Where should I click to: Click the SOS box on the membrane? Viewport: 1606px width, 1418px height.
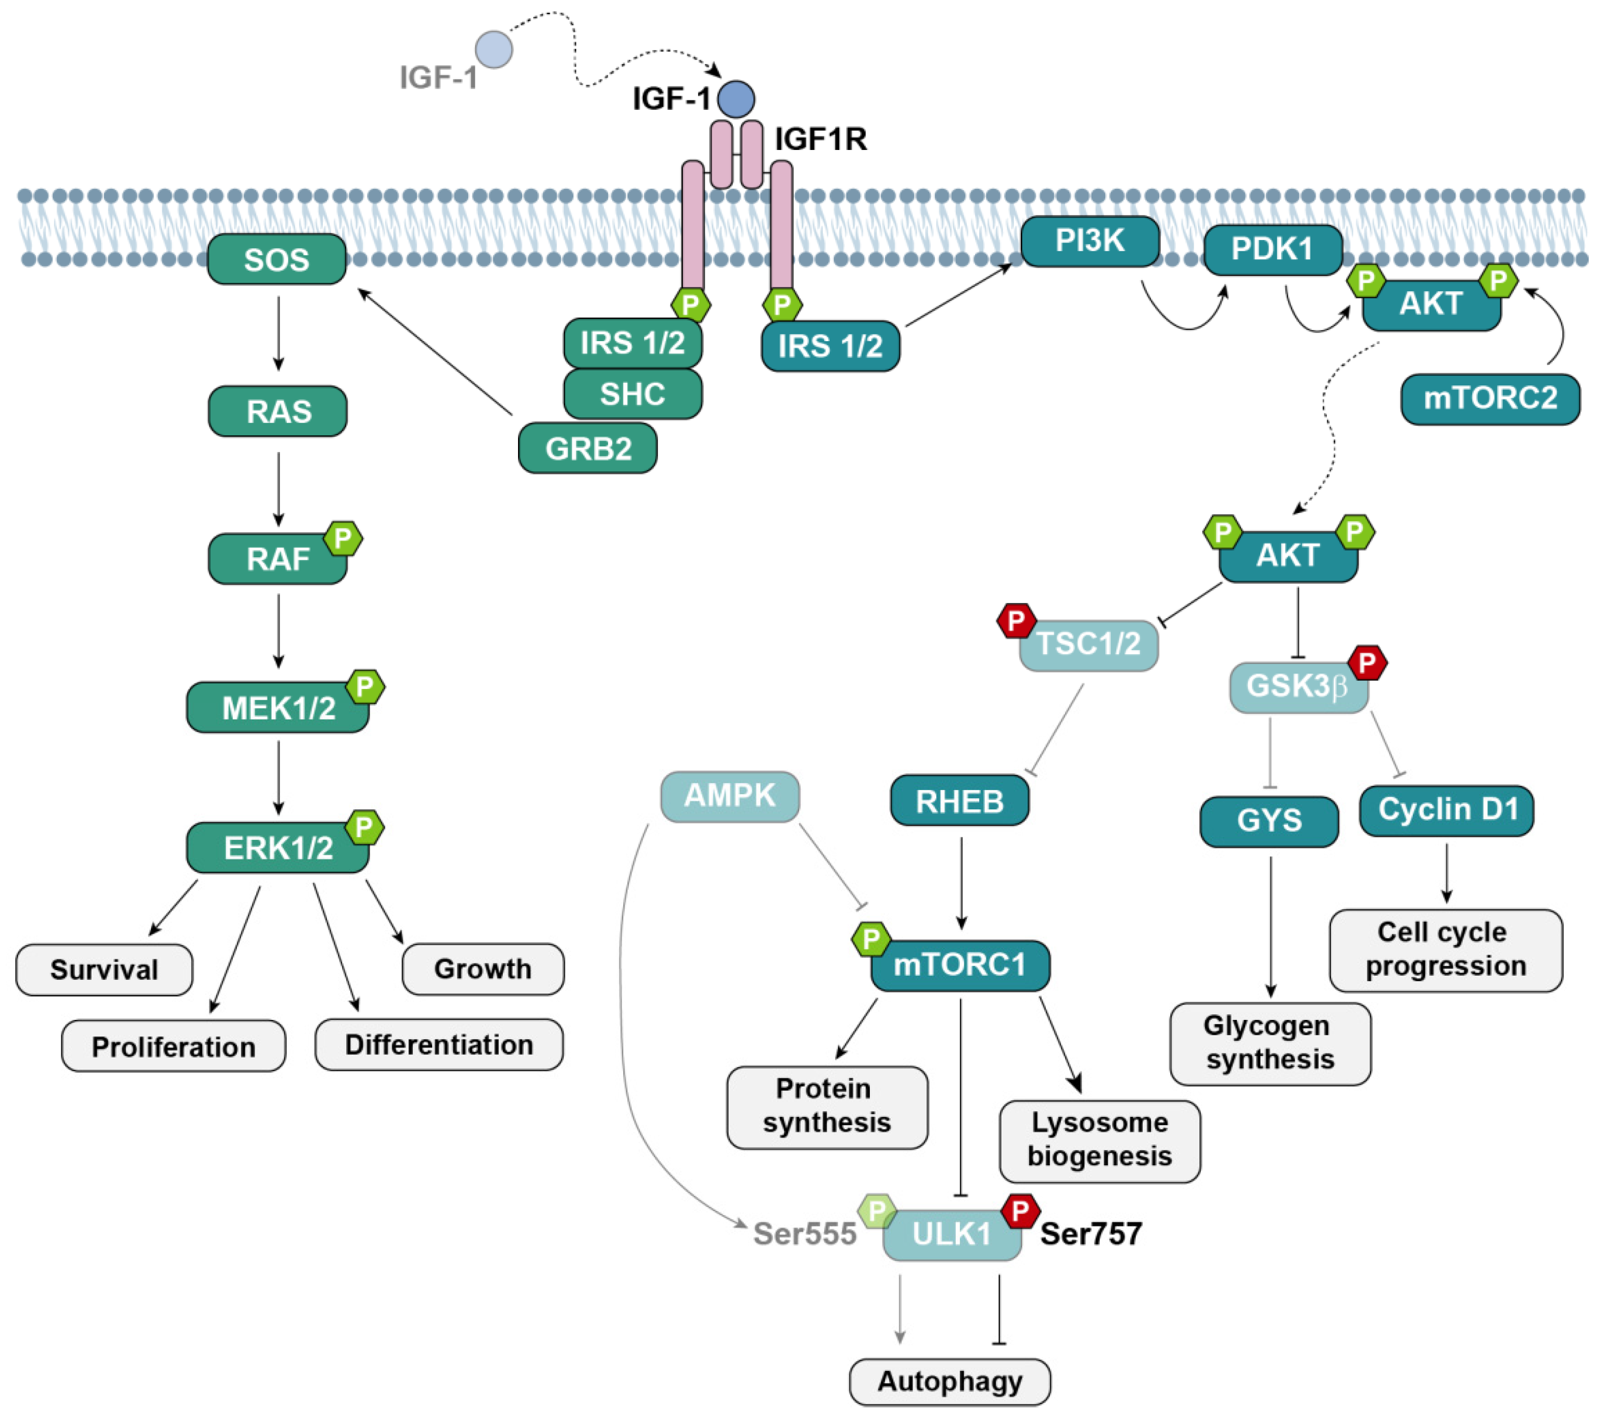tap(277, 259)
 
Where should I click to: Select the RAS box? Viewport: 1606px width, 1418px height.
tap(278, 411)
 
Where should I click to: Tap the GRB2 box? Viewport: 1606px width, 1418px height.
tap(588, 448)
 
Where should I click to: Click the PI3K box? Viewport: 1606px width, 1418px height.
tap(1090, 241)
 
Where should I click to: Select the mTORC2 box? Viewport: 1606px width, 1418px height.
tap(1490, 398)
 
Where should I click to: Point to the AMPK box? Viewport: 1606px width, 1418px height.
tap(730, 796)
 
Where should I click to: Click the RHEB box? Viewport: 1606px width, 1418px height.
tap(959, 801)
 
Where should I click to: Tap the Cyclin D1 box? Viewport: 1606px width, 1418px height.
tap(1446, 810)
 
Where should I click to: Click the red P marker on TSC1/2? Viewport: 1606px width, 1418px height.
tap(1016, 621)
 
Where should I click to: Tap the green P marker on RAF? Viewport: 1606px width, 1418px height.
tap(343, 539)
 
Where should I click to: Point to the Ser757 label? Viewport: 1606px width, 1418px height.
tap(1090, 1234)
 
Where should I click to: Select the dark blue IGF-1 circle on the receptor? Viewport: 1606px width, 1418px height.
tap(736, 99)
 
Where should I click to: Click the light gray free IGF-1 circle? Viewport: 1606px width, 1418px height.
tap(494, 49)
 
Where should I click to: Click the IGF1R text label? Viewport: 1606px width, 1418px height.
tap(821, 139)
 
